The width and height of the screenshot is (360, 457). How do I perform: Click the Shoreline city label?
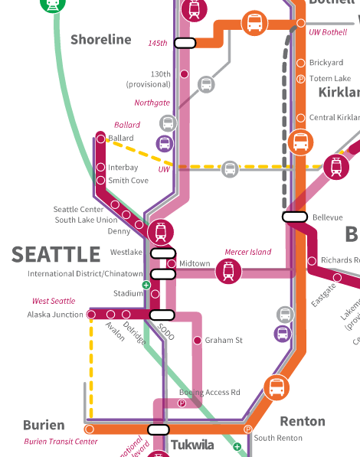[101, 39]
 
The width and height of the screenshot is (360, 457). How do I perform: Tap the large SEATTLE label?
[56, 254]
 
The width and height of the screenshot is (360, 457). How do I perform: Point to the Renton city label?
[303, 421]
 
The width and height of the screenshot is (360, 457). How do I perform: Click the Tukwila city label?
[192, 445]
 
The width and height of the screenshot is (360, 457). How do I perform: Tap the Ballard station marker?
[100, 139]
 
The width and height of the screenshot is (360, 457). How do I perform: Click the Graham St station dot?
[197, 340]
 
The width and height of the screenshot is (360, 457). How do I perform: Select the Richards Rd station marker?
[312, 261]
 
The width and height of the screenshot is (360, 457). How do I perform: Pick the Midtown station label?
[195, 263]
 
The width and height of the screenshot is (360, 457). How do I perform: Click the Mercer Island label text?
[248, 252]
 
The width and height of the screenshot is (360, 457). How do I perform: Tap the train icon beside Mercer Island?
[228, 270]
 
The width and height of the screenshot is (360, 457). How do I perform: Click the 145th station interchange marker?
[185, 43]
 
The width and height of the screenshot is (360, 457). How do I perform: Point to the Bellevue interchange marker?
[295, 217]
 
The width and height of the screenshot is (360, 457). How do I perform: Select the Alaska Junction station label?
[56, 315]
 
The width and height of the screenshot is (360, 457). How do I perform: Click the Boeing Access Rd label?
[210, 393]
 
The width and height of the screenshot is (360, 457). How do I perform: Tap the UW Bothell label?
[328, 33]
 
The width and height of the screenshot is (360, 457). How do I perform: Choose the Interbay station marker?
[100, 167]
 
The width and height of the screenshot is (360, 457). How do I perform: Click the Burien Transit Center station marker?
[89, 429]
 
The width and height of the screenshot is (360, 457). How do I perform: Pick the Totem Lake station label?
[329, 79]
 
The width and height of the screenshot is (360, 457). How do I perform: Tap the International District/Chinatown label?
[85, 274]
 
